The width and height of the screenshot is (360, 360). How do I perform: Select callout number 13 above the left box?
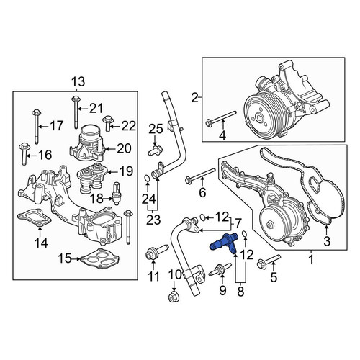point(78,81)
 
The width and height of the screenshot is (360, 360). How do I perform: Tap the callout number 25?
point(156,129)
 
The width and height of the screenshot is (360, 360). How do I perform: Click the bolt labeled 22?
point(107,123)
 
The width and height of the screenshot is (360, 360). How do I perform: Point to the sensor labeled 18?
point(117,194)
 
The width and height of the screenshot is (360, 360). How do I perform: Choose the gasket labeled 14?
point(34,217)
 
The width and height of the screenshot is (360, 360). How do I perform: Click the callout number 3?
point(327,240)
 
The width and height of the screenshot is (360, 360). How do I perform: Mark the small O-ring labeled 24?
point(148,179)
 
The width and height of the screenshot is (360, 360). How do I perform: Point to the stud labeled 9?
point(220,270)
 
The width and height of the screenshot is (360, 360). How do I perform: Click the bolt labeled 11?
point(157,253)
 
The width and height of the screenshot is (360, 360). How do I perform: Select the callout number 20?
point(125,148)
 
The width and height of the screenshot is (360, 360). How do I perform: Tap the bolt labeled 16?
point(24,153)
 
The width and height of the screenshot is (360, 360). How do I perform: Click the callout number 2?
point(195,98)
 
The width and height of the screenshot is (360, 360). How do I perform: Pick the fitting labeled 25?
point(155,150)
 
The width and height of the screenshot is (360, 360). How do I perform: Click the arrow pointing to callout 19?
point(111,172)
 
